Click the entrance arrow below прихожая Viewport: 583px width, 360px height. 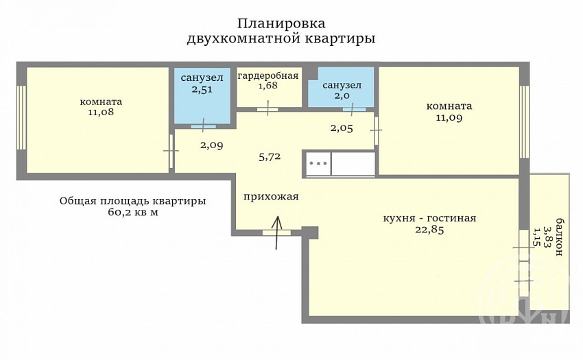tap(276, 232)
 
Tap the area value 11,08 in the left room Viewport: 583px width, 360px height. tap(101, 112)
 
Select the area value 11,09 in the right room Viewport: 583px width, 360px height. tap(449, 118)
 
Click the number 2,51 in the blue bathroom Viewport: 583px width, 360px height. tap(202, 90)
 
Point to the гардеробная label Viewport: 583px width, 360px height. tap(267, 76)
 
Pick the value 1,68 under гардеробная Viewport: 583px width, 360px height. tap(267, 86)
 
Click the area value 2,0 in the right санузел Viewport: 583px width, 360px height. tap(342, 95)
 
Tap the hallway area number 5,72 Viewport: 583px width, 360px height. tap(270, 157)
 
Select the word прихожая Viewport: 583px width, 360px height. tap(271, 196)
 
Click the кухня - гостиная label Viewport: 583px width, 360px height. tap(429, 218)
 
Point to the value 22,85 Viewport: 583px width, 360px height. tap(429, 230)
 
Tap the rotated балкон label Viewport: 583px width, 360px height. tap(558, 237)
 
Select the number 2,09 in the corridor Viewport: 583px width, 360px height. tap(211, 145)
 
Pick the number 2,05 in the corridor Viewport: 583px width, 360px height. tap(342, 128)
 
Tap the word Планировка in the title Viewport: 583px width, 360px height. tap(281, 23)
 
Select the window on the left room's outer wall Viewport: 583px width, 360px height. tap(21, 117)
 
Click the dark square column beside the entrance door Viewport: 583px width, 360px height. tap(311, 232)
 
